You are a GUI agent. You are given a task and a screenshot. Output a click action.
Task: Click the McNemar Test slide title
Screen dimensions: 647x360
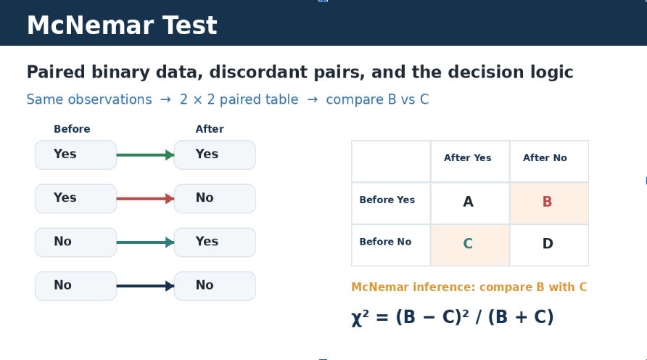(x=122, y=25)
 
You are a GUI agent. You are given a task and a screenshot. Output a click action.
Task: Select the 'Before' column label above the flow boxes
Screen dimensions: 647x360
(x=72, y=128)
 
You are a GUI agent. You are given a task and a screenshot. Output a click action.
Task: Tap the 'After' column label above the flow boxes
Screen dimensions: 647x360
(x=210, y=128)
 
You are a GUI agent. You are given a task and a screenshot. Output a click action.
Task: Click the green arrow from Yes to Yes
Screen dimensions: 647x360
(x=145, y=155)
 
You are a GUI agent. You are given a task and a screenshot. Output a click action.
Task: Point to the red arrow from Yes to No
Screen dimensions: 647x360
(x=145, y=199)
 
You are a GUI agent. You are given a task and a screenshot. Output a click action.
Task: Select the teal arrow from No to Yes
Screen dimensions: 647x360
(x=145, y=242)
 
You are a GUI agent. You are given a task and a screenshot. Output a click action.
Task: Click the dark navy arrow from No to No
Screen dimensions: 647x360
(x=145, y=286)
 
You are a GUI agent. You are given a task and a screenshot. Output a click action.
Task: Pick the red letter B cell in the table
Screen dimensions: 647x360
(x=549, y=203)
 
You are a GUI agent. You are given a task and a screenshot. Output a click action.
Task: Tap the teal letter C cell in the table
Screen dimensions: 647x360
(x=470, y=245)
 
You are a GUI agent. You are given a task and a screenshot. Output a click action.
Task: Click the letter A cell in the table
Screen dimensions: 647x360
(x=470, y=203)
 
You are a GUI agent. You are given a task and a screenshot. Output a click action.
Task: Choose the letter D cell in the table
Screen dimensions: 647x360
(x=549, y=245)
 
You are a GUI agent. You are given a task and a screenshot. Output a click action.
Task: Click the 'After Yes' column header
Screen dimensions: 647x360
(x=468, y=157)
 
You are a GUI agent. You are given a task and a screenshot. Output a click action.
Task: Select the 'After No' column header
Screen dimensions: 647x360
(x=545, y=157)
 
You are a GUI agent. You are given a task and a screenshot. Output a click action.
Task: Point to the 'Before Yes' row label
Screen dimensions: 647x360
(x=387, y=200)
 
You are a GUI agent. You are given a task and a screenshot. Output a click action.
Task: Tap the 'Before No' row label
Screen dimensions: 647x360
(x=385, y=242)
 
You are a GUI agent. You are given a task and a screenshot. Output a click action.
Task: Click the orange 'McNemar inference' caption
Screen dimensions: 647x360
(x=469, y=287)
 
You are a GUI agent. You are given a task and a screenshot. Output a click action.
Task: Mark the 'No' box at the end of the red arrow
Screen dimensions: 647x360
(x=215, y=199)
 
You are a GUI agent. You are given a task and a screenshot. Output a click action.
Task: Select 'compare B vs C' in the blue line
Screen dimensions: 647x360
(x=377, y=99)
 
